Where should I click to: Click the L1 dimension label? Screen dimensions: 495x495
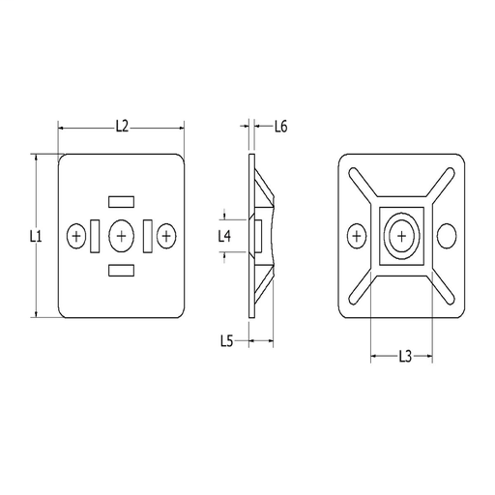[x=33, y=235]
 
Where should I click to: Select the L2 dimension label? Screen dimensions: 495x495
[x=122, y=125]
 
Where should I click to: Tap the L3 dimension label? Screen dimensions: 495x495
[x=406, y=356]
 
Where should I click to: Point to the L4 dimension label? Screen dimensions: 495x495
[x=224, y=235]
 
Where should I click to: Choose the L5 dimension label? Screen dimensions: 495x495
[x=225, y=339]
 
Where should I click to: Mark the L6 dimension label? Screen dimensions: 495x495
[x=281, y=126]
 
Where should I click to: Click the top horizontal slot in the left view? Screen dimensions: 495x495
[x=121, y=200]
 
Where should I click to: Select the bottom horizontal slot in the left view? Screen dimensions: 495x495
[x=121, y=270]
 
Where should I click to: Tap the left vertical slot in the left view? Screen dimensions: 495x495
[x=95, y=235]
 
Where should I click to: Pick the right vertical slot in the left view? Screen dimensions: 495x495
[x=148, y=235]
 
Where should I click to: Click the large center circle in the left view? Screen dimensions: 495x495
[x=121, y=235]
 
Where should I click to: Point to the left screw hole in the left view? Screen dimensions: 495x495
[x=77, y=235]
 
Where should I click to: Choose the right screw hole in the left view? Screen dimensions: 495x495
[x=166, y=235]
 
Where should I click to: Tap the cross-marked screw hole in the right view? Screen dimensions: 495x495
[x=356, y=235]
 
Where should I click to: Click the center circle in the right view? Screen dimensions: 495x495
[x=401, y=235]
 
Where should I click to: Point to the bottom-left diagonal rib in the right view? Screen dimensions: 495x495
[x=364, y=285]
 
